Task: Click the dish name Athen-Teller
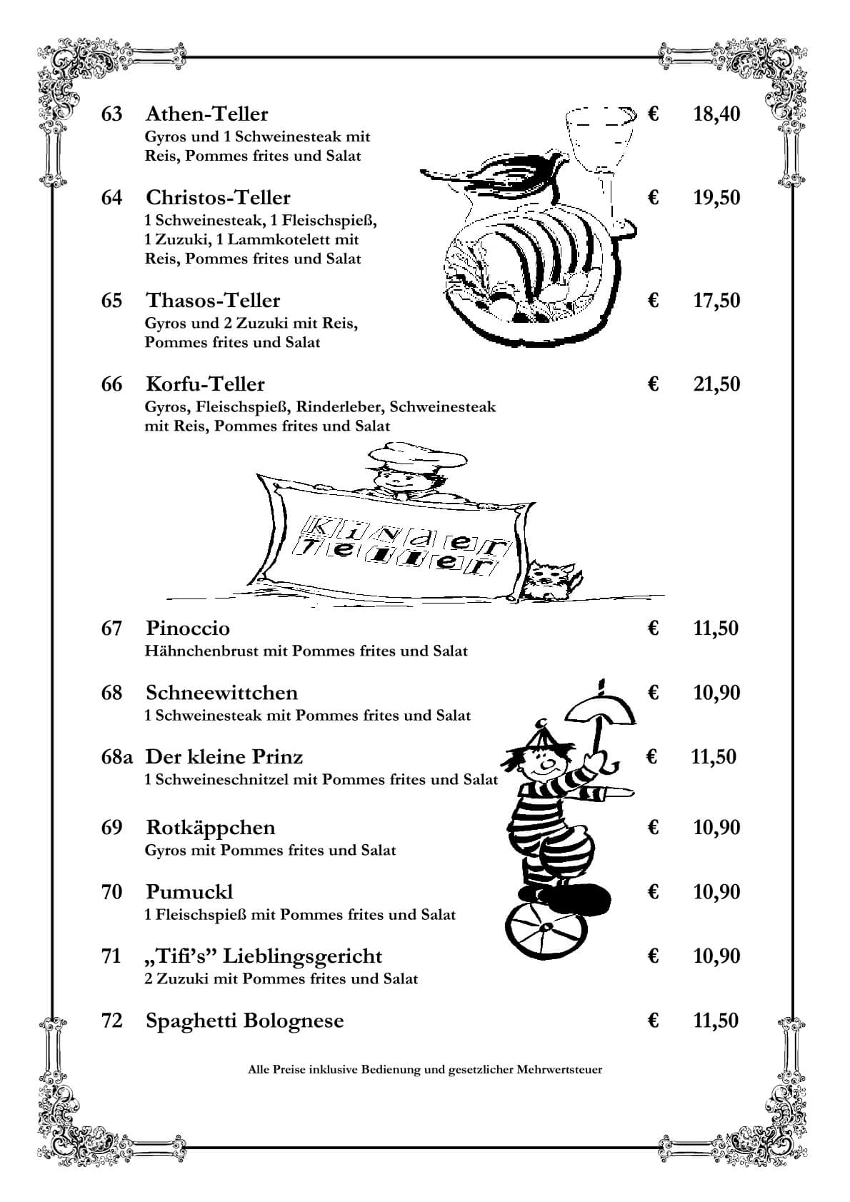(x=206, y=114)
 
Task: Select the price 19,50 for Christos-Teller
(x=716, y=198)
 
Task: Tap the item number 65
(x=112, y=301)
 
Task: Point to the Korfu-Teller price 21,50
(x=716, y=384)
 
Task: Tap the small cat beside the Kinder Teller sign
(x=550, y=579)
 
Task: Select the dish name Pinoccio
(x=188, y=628)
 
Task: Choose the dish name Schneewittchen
(x=221, y=693)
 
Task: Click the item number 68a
(x=117, y=757)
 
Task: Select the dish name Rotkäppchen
(x=210, y=828)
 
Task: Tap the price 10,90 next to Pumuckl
(x=716, y=892)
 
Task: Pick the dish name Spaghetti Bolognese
(x=244, y=1021)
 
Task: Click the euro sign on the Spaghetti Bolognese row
(x=652, y=1021)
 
